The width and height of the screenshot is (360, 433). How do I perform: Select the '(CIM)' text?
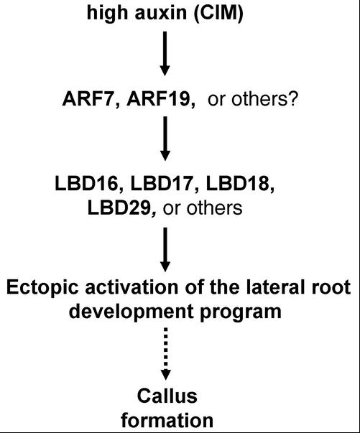click(x=218, y=13)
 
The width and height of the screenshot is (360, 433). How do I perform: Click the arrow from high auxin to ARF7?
click(x=165, y=54)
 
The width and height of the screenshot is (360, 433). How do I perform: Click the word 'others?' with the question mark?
click(x=265, y=99)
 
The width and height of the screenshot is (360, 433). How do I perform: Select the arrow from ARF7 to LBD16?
click(x=165, y=139)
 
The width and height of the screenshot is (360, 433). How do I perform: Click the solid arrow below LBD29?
click(x=165, y=250)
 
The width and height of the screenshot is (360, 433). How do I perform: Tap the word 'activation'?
click(x=131, y=287)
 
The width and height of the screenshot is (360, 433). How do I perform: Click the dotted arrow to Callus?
click(x=165, y=354)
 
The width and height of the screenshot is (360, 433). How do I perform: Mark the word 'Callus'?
click(x=167, y=396)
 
